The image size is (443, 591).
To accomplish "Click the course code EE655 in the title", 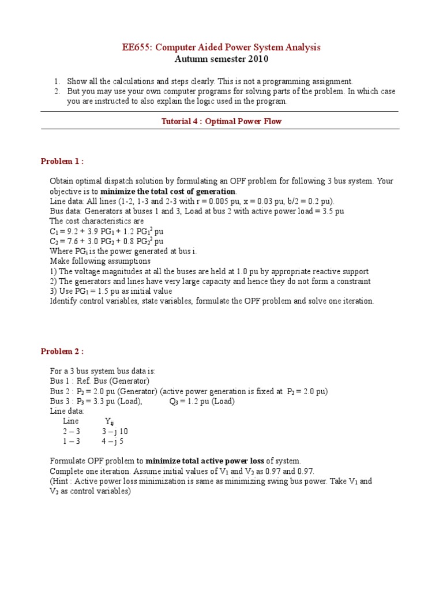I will pyautogui.click(x=136, y=47).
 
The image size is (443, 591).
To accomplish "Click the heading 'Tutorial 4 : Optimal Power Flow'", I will pyautogui.click(x=220, y=121).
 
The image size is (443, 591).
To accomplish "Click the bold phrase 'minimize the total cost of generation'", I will pyautogui.click(x=168, y=191).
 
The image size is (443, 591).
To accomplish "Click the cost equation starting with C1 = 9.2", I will pyautogui.click(x=107, y=231).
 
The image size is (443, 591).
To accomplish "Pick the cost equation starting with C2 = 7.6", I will pyautogui.click(x=106, y=241).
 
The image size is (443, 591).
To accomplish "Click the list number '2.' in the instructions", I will pyautogui.click(x=57, y=91).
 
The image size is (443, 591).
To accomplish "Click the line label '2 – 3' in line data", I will pyautogui.click(x=72, y=431).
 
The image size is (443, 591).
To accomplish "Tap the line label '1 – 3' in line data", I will pyautogui.click(x=72, y=442).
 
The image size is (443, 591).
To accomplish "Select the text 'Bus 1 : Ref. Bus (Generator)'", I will pyautogui.click(x=99, y=381).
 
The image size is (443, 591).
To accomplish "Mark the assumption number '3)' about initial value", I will pyautogui.click(x=54, y=291).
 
